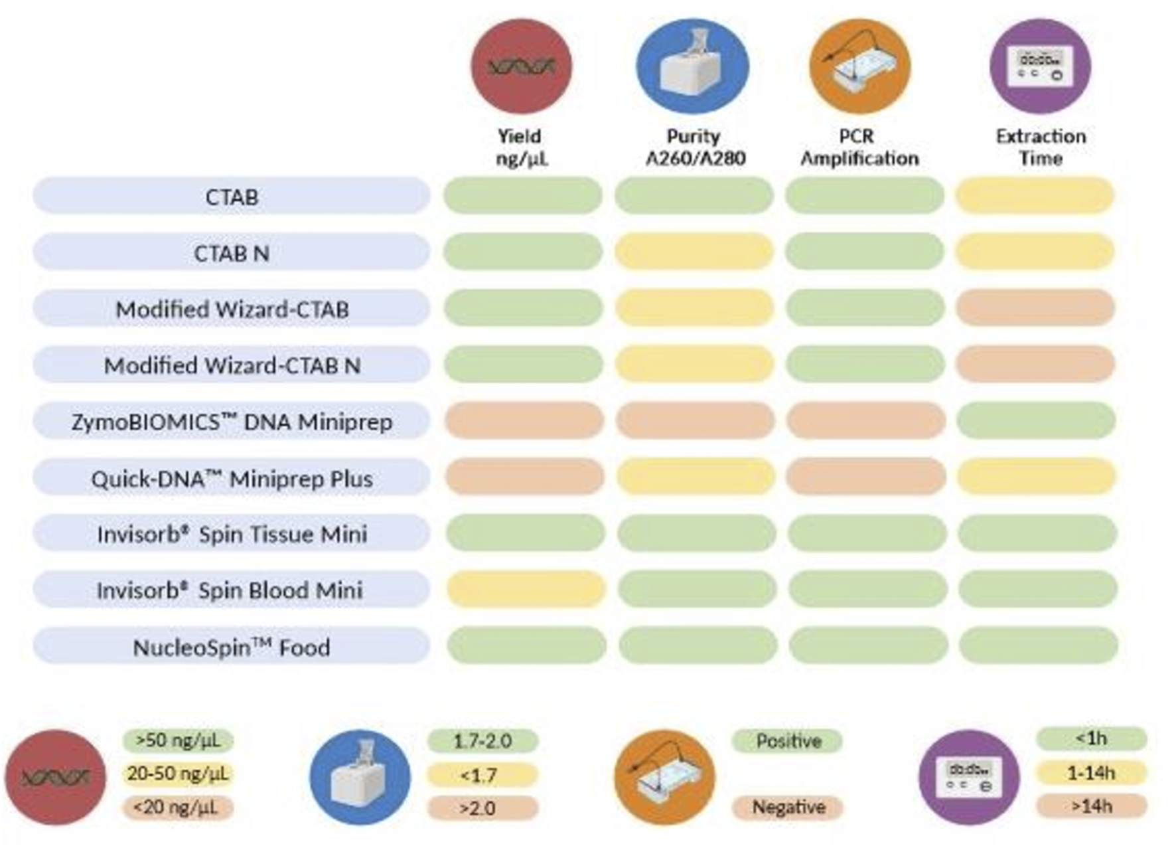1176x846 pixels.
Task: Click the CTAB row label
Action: [x=232, y=197]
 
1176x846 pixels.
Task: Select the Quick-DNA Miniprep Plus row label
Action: [x=232, y=478]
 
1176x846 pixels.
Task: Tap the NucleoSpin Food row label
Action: [x=232, y=647]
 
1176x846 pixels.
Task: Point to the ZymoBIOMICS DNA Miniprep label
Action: [x=232, y=422]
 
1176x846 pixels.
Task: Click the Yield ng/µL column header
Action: [x=521, y=147]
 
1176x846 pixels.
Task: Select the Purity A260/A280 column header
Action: [x=695, y=147]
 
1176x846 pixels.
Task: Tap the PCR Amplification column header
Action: [x=859, y=147]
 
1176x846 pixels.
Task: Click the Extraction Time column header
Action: [x=1040, y=147]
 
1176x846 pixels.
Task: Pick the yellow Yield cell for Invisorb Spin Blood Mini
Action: [x=526, y=589]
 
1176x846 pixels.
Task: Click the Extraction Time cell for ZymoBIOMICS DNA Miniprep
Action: [x=1036, y=420]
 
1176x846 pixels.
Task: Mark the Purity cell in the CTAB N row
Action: [x=694, y=252]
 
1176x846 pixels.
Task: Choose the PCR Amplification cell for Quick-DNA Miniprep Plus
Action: [x=866, y=477]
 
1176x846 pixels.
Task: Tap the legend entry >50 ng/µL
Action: [x=178, y=740]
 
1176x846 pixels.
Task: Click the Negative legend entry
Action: [x=788, y=807]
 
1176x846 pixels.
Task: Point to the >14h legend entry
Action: [x=1092, y=806]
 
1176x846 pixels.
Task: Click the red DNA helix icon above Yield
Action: [x=521, y=66]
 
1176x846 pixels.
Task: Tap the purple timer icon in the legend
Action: [x=969, y=777]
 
